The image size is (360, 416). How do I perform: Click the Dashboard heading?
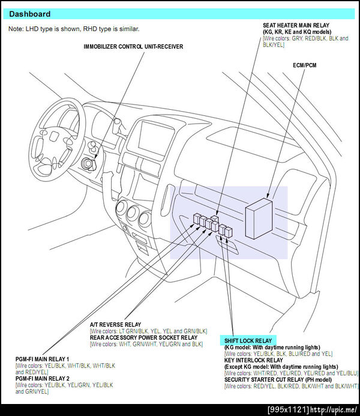pos(29,14)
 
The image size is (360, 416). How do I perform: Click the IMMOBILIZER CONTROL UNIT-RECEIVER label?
pos(133,47)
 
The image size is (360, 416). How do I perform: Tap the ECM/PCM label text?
pos(305,65)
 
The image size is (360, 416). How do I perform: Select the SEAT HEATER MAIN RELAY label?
pos(296,25)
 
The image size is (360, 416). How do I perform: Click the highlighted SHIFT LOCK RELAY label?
pos(248,340)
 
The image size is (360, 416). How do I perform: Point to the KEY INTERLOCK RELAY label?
pos(253,360)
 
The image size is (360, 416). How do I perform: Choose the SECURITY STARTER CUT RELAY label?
pos(278,379)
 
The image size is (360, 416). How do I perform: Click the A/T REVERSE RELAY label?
pos(115,325)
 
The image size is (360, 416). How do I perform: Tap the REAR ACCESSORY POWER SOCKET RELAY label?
pos(143,337)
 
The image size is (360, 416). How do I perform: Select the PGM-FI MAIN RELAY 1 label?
pos(42,359)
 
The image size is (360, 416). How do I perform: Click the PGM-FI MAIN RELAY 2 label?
pos(43,378)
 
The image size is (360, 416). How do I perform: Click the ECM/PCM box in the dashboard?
pos(259,219)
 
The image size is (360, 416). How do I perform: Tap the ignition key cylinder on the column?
pos(88,163)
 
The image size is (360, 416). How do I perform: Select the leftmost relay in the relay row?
pos(197,219)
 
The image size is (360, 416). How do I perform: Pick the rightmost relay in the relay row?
pos(229,232)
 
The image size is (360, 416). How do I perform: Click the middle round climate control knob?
pos(133,213)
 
